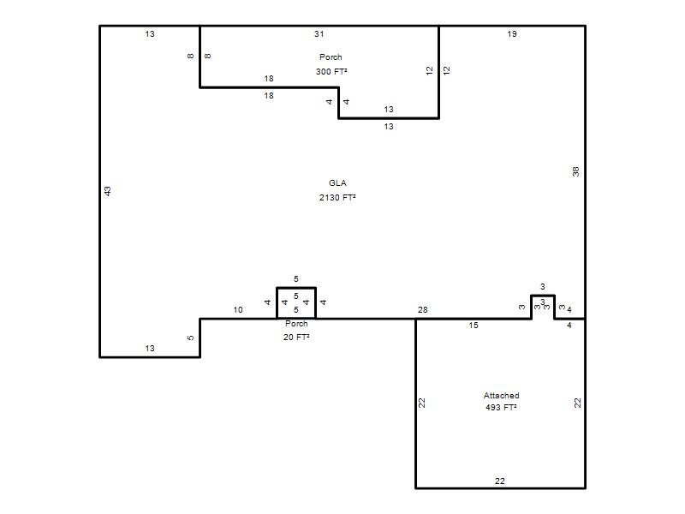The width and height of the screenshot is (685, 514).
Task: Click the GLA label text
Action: pos(337,183)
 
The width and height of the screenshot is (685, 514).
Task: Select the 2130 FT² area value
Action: pos(337,198)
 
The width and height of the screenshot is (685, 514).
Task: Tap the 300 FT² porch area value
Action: pos(331,71)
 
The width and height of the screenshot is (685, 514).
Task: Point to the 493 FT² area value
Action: pos(501,408)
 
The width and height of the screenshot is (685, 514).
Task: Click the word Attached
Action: pos(501,396)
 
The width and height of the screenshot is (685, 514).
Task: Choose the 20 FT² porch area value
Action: pos(296,337)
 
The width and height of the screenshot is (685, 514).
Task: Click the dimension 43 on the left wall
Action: pos(108,191)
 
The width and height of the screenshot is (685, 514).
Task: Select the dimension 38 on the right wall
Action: pos(575,171)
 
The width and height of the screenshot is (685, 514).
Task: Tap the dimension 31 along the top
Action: pos(319,34)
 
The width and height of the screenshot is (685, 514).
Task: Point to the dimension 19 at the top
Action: pos(512,34)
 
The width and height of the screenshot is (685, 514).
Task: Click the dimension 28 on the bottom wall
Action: pos(422,310)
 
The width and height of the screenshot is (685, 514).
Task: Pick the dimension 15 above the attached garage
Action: pos(474,326)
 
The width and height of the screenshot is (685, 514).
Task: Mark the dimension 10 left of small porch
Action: pos(238,310)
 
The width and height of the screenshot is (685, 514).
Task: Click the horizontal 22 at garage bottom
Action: pos(500,481)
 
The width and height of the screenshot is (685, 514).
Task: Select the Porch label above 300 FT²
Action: pos(331,57)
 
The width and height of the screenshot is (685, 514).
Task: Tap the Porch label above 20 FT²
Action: pos(296,324)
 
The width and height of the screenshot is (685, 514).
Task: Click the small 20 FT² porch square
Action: pos(277,303)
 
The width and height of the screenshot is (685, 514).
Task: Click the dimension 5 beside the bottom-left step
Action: pos(190,338)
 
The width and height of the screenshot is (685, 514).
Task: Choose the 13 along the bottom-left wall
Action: pos(150,349)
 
